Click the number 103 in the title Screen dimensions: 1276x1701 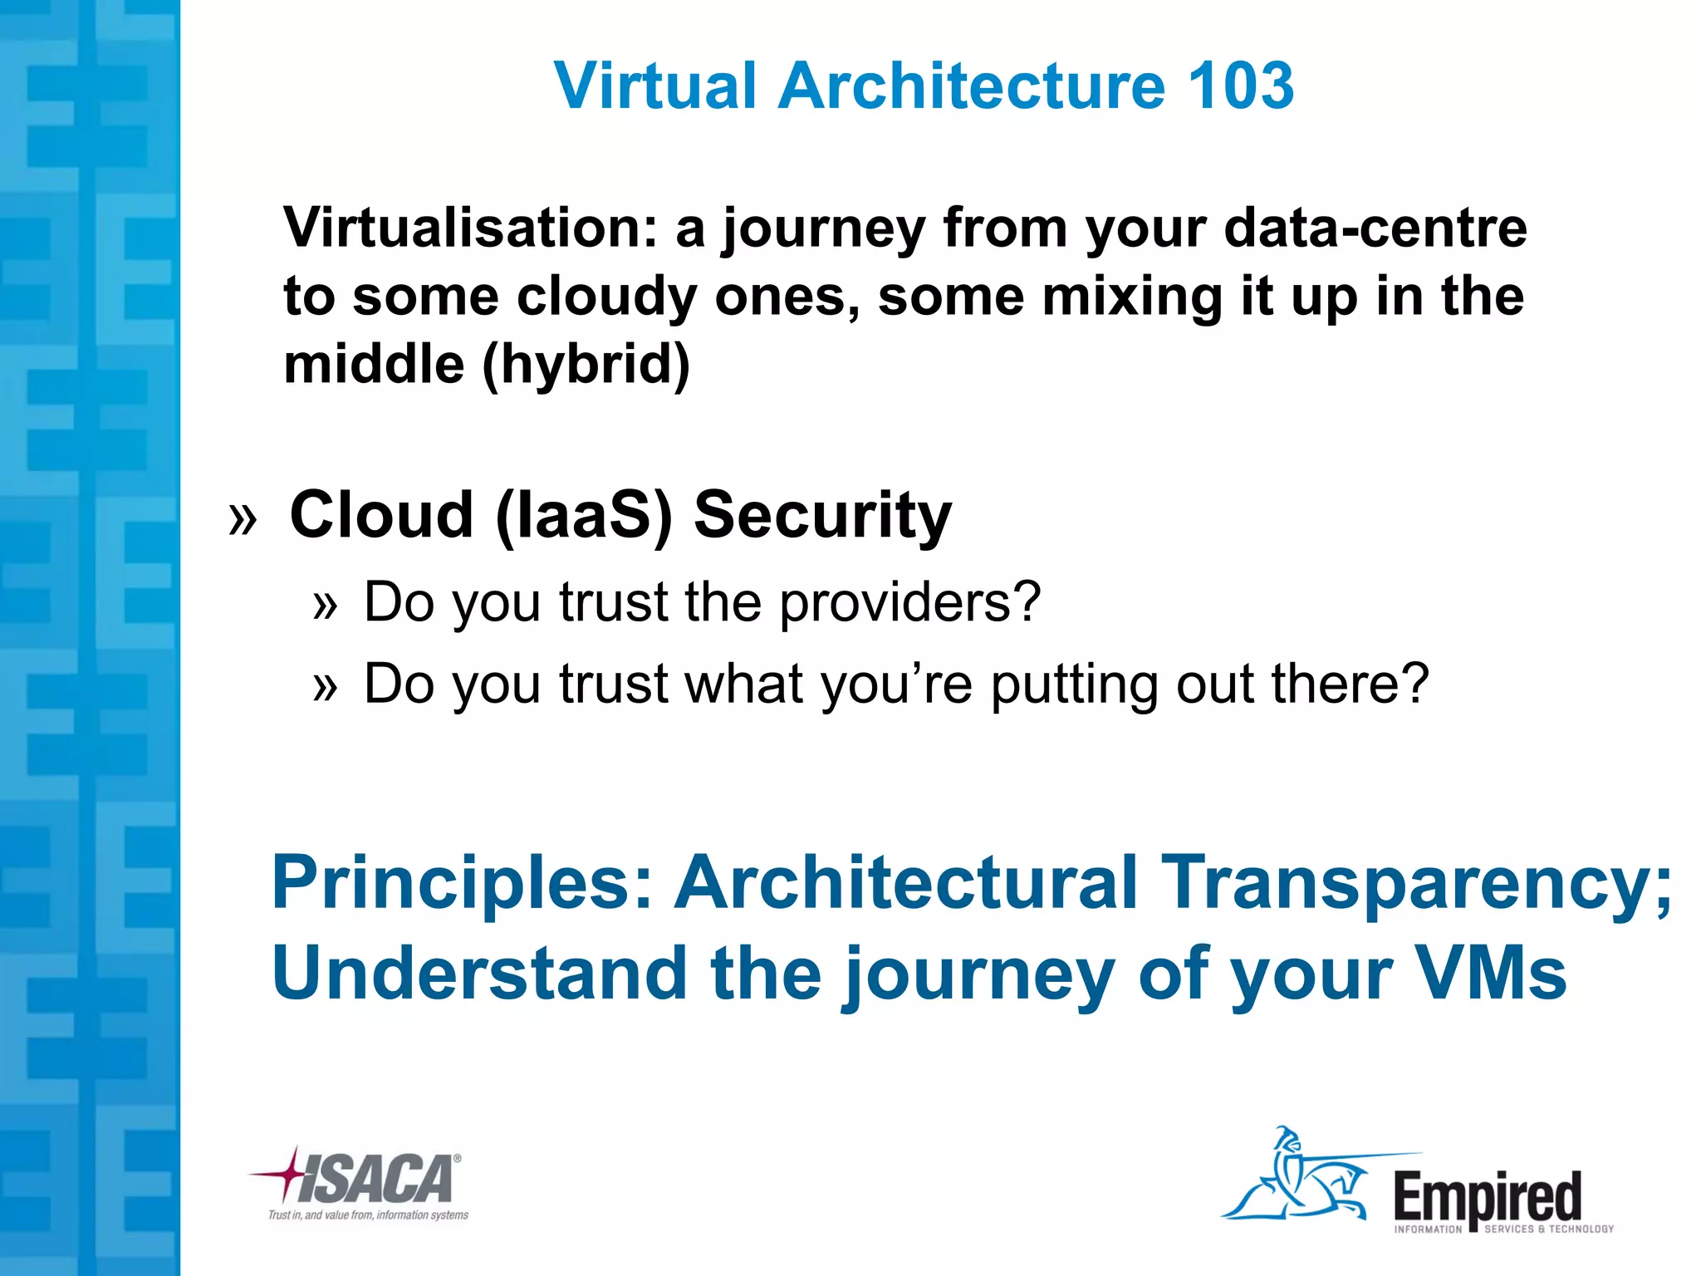coord(1241,86)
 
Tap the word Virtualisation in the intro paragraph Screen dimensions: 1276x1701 coord(470,228)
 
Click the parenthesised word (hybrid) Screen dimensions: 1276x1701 coord(586,365)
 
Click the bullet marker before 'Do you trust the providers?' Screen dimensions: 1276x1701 coord(326,605)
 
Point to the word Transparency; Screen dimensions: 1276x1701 coord(1415,882)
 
